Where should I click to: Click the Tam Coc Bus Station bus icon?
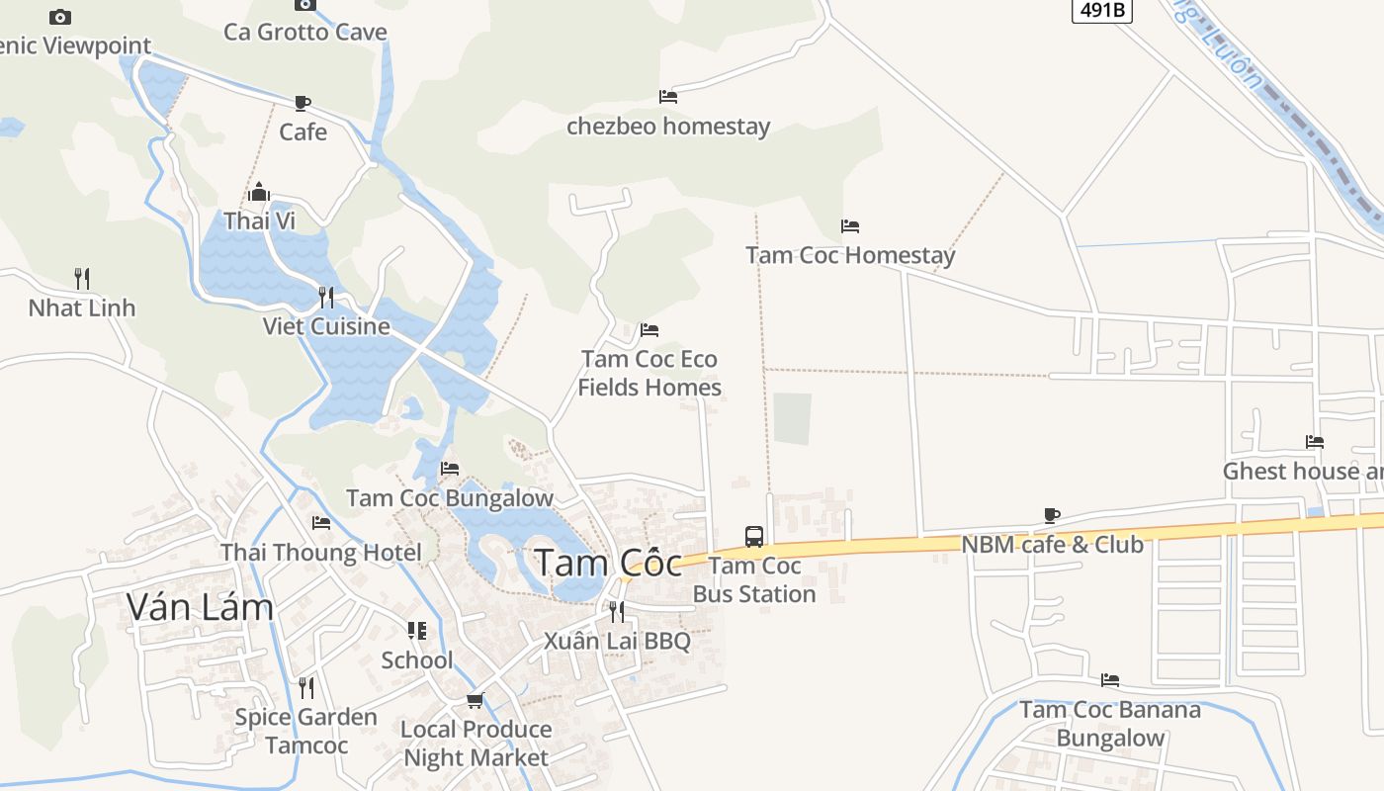(754, 537)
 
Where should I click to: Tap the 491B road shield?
(1102, 10)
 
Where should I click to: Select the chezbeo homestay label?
(668, 127)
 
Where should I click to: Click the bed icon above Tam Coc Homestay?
(850, 226)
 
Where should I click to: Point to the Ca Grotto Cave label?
(305, 32)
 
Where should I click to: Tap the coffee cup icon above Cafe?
(303, 103)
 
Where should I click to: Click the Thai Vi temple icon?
(259, 192)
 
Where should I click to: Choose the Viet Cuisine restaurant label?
(326, 326)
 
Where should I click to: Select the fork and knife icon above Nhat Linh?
(82, 279)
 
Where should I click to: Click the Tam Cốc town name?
(609, 563)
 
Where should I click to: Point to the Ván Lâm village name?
(200, 606)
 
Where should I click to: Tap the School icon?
(417, 631)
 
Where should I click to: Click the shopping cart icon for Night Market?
(476, 701)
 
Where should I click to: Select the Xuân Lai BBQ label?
(617, 641)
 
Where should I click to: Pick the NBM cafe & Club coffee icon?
(1052, 515)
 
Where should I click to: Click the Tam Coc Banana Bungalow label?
(1110, 724)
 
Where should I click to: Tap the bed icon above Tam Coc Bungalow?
(450, 469)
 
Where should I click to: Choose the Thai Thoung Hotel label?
(321, 553)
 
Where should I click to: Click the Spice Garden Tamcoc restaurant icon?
(306, 687)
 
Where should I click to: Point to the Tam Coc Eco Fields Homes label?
(649, 373)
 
